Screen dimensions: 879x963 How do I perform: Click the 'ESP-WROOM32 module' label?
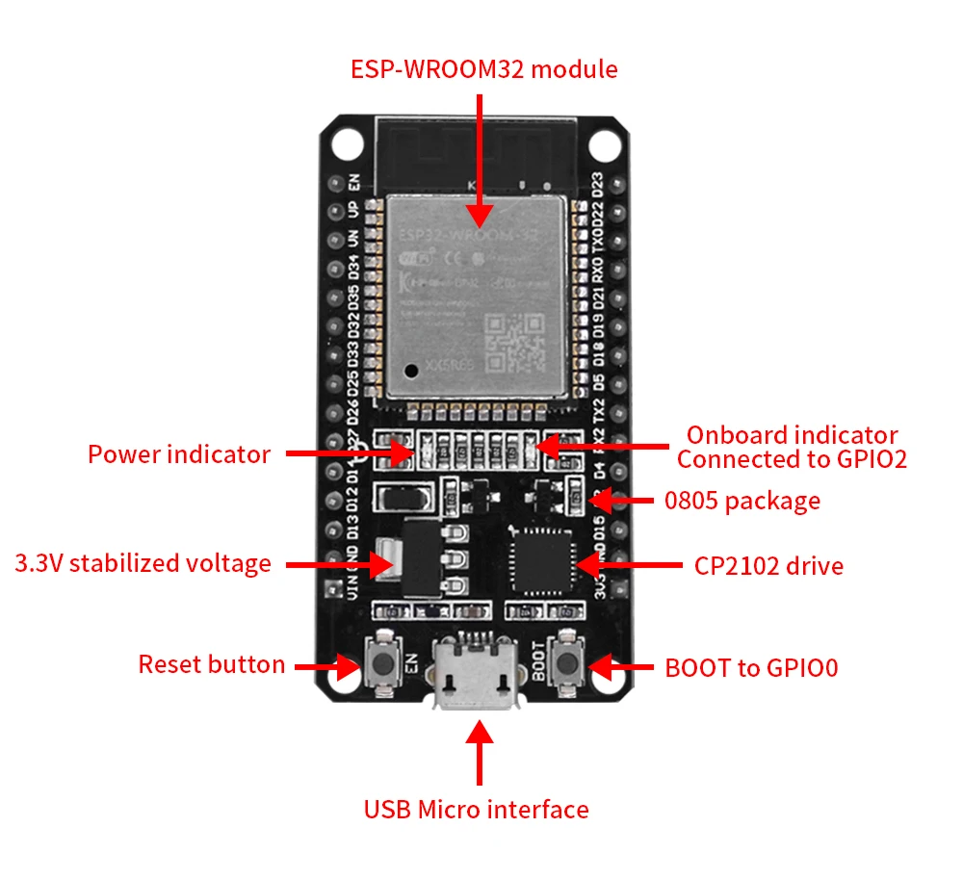pos(483,69)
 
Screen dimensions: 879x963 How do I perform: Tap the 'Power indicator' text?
pos(179,454)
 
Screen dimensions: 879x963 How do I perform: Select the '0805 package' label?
pos(742,501)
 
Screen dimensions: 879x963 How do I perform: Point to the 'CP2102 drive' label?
pos(768,565)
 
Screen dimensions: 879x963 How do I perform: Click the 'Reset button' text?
pos(211,664)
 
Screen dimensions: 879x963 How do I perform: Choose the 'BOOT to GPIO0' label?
pos(751,667)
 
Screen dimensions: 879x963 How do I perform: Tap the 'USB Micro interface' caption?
pos(476,810)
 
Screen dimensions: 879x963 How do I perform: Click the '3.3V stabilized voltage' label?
pos(143,562)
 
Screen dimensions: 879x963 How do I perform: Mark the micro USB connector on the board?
pos(476,674)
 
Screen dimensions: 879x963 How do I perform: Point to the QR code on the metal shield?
pos(513,345)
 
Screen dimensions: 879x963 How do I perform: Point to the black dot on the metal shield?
pos(412,369)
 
